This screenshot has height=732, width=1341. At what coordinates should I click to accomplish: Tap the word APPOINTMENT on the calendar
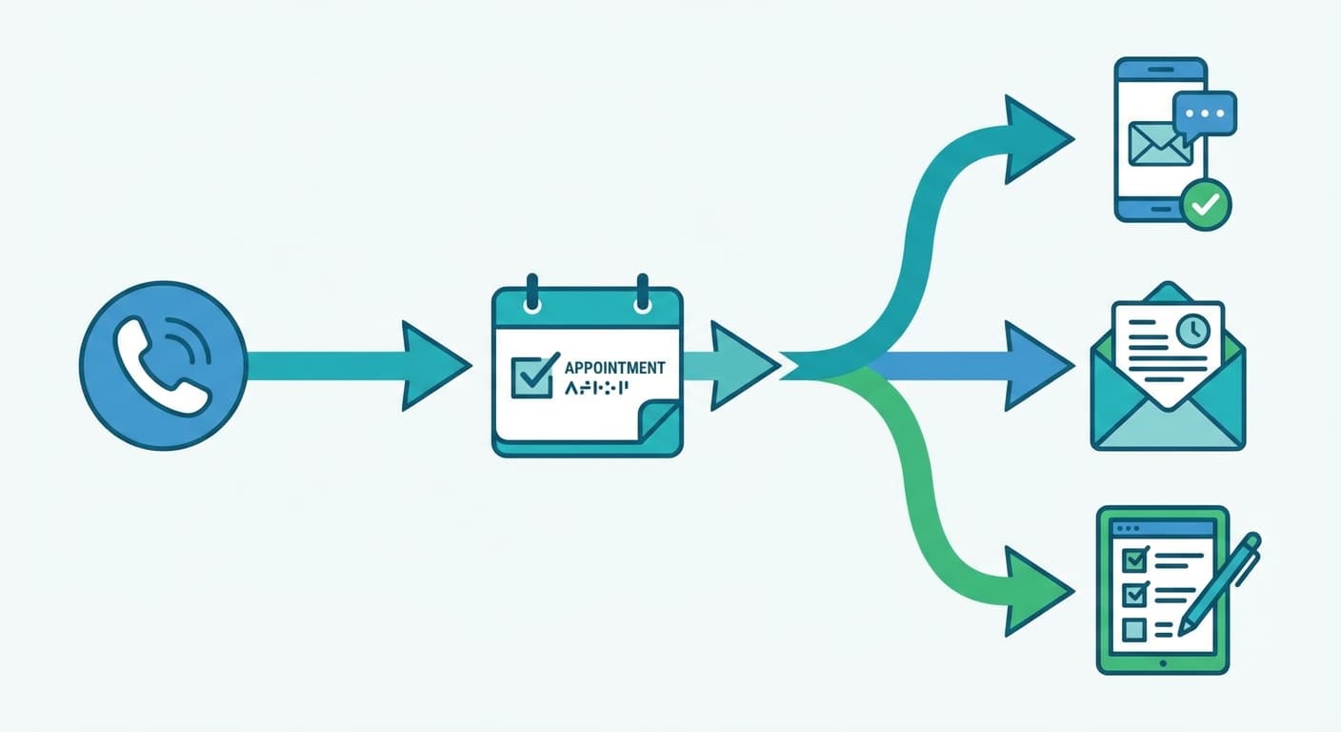(x=615, y=368)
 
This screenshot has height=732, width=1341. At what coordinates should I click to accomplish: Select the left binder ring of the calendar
(x=532, y=293)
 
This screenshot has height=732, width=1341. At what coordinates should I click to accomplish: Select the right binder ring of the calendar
(x=642, y=293)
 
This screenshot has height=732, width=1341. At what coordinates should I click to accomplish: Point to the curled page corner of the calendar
(x=658, y=423)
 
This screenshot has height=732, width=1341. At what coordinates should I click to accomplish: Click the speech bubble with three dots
(x=1204, y=113)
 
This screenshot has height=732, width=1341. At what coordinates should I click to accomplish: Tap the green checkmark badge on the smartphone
(x=1206, y=203)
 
